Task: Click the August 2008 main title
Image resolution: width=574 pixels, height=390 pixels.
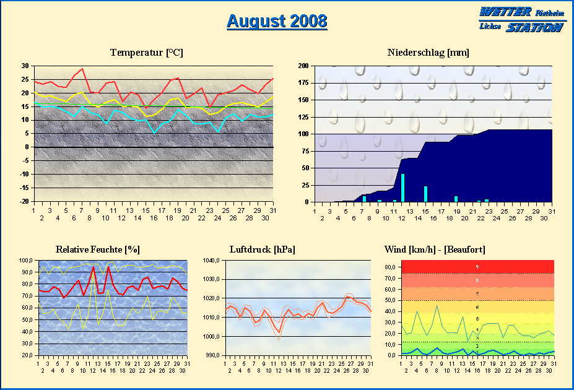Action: click(x=277, y=21)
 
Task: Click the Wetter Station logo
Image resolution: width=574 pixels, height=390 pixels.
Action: click(x=521, y=20)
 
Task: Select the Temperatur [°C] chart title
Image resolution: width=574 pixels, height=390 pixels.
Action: click(x=147, y=53)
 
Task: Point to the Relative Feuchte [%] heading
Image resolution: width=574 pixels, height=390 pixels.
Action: click(x=97, y=249)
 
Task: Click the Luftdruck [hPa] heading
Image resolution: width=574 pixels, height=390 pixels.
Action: click(x=262, y=249)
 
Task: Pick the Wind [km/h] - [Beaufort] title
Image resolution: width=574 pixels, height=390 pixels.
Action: click(x=435, y=249)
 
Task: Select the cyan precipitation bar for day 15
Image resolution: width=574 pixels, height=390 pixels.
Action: click(x=426, y=194)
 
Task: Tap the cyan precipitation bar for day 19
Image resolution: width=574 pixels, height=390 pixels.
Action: click(x=456, y=199)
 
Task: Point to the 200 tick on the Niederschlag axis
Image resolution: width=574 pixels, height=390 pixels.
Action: click(x=303, y=66)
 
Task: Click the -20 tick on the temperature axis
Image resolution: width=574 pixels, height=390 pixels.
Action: click(x=25, y=202)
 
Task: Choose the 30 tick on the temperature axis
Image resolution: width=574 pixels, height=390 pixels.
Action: click(x=25, y=66)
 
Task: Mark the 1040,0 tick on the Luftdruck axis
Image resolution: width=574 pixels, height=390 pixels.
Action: click(x=212, y=261)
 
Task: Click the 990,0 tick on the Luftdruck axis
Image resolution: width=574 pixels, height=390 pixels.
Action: click(x=212, y=355)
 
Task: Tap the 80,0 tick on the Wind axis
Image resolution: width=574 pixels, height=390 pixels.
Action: click(x=390, y=267)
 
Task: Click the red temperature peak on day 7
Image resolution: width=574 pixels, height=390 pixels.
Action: click(x=82, y=69)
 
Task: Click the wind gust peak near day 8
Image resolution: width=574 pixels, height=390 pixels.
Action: click(x=437, y=306)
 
